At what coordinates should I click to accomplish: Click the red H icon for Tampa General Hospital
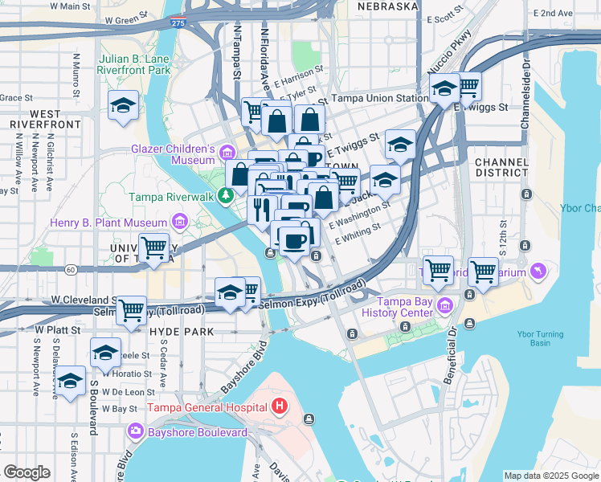279,406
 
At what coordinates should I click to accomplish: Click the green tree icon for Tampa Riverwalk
227,195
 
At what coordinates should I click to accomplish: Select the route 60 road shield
72,269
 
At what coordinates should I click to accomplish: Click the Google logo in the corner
27,472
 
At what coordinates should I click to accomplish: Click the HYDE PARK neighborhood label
181,331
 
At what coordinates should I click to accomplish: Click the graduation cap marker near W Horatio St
105,353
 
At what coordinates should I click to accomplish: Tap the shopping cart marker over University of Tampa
153,247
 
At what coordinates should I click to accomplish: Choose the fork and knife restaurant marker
262,210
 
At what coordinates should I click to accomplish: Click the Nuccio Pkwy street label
459,49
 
